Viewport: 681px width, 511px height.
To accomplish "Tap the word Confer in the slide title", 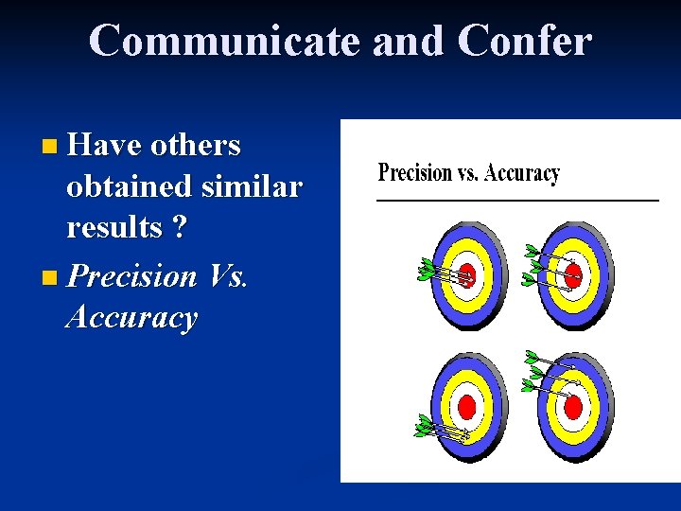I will point(524,41).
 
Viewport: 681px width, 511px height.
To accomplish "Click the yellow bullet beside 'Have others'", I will point(49,147).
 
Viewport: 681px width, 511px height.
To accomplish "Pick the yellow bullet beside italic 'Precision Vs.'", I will point(49,278).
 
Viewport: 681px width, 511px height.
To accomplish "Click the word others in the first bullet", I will point(196,145).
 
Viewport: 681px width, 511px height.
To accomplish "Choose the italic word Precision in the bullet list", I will point(132,276).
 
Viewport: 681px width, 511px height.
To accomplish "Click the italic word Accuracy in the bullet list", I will point(131,318).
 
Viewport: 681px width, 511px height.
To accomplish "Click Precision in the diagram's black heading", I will point(415,173).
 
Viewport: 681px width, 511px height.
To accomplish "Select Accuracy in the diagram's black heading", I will point(523,173).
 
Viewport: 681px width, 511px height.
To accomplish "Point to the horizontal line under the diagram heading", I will point(517,201).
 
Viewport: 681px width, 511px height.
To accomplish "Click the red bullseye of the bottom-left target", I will point(466,408).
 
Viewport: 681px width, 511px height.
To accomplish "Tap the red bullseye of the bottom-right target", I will point(573,407).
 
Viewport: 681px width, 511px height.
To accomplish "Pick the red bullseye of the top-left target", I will point(467,274).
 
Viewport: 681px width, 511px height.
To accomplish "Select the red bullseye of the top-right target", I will point(573,274).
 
